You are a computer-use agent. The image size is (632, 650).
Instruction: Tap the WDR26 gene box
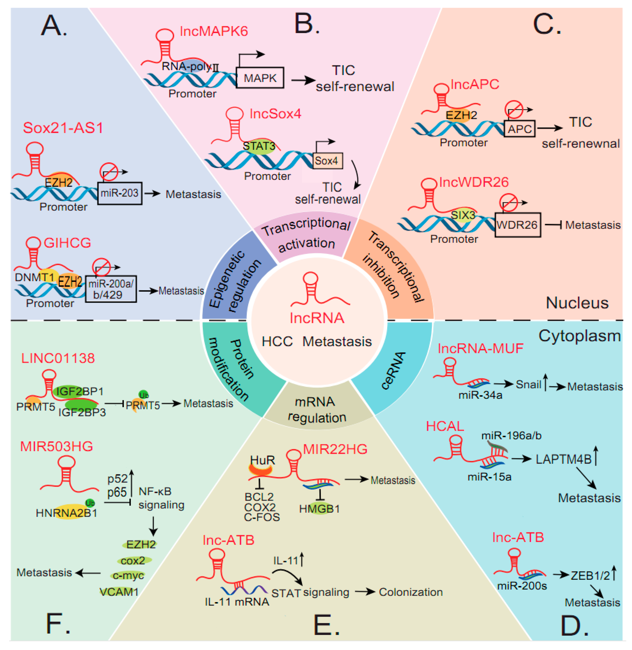[x=518, y=225]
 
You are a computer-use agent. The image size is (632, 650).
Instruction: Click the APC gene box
[x=520, y=129]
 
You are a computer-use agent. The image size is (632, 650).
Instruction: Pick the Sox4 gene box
[x=327, y=161]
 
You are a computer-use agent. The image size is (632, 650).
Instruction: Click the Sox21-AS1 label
[x=63, y=128]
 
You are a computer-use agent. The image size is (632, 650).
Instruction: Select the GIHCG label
[x=67, y=243]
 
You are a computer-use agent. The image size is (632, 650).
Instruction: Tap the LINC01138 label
[x=58, y=359]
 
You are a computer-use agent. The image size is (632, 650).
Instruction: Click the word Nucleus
[x=577, y=303]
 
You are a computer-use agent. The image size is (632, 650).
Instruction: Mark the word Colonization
[x=411, y=592]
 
